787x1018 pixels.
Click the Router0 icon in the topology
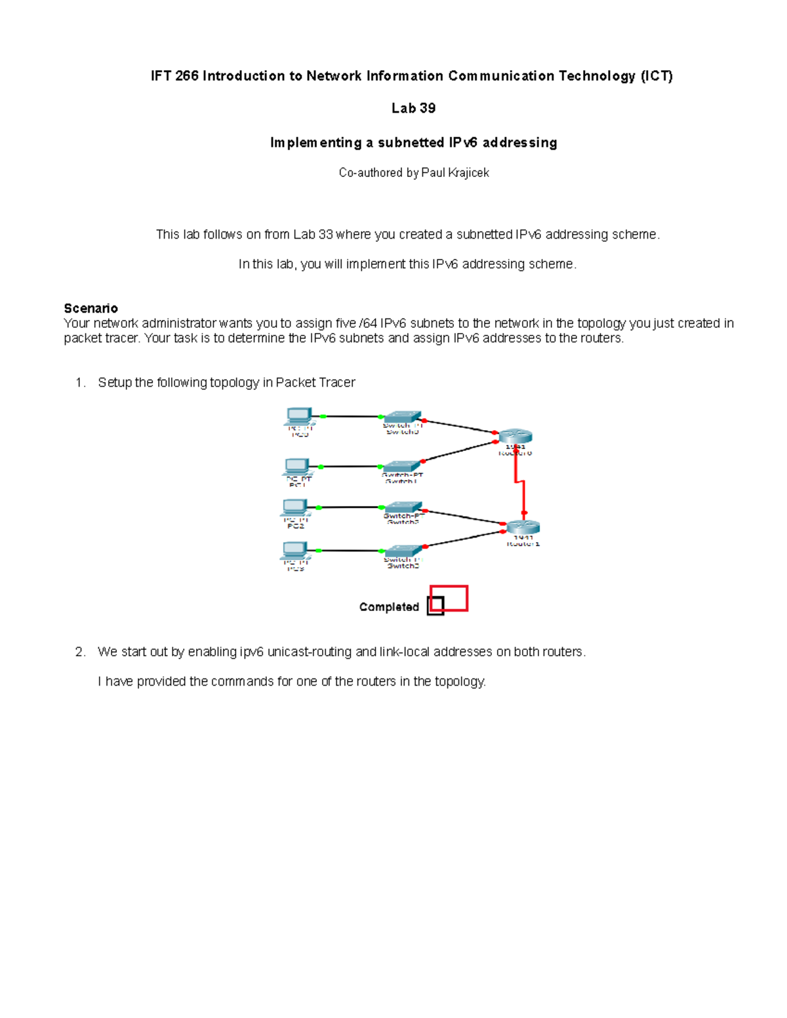pos(515,437)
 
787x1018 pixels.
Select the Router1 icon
pos(523,527)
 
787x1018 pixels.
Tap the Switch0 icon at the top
pos(402,417)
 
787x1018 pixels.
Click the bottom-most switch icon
pos(402,551)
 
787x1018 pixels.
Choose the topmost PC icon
pos(299,416)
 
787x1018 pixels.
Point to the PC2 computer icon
pos(296,507)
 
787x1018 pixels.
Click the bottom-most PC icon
pos(296,550)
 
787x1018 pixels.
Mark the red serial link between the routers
pos(519,482)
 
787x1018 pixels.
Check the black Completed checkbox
pos(435,606)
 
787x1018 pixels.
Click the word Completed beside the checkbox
pos(389,607)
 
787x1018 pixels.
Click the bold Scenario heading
pos(91,308)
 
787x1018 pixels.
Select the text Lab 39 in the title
pos(413,108)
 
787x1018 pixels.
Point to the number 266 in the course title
pos(187,76)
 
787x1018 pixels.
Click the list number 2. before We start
pos(80,652)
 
